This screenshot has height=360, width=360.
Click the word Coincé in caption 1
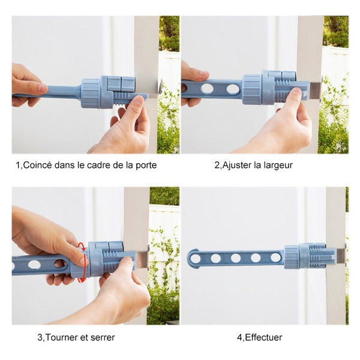pos(38,165)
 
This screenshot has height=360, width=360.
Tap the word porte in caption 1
pos(146,166)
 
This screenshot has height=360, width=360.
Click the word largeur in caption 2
pos(278,166)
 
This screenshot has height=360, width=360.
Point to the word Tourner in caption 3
pos(60,337)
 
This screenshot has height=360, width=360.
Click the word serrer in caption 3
pos(103,338)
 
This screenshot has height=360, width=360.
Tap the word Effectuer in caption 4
pos(263,337)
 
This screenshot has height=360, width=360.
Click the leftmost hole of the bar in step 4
pos(196,259)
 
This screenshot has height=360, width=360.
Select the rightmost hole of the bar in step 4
pos(275,257)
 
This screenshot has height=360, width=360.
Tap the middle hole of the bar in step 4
pos(236,258)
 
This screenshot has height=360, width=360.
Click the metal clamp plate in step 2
pos(316,90)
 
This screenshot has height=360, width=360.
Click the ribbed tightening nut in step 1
pos(90,93)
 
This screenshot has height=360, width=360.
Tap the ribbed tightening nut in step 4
pos(292,257)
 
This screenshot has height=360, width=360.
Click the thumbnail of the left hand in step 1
pos(43,88)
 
